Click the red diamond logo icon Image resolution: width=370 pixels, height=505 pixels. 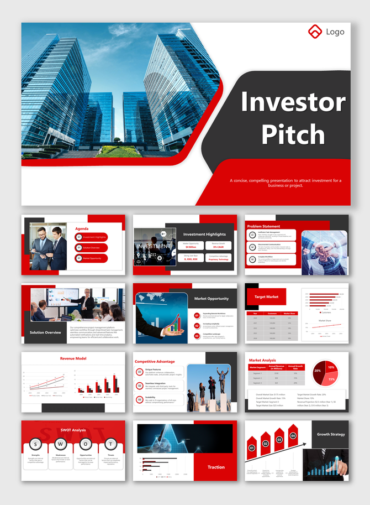coord(314,32)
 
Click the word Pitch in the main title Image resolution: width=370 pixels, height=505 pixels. coord(293,134)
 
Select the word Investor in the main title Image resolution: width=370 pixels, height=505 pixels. coord(293,102)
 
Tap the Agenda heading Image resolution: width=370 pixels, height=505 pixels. coord(82,228)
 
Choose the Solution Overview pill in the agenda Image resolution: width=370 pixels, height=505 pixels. coord(92,247)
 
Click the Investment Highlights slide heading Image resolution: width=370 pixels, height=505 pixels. coord(204,235)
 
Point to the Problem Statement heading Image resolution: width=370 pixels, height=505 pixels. coord(263,226)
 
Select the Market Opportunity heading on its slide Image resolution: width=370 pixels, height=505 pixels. coord(211,299)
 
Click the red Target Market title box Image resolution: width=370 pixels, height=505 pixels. coord(266,297)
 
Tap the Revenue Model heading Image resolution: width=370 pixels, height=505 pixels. coord(73,358)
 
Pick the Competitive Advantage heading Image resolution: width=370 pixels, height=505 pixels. coord(155,361)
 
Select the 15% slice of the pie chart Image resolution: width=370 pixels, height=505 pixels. coord(332,379)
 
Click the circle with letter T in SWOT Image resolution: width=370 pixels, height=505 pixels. coord(110,444)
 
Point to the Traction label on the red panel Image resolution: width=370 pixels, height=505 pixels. coord(216,467)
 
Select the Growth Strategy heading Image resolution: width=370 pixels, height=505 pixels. coord(331,434)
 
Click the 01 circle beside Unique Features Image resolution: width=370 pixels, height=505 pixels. coord(140,372)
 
